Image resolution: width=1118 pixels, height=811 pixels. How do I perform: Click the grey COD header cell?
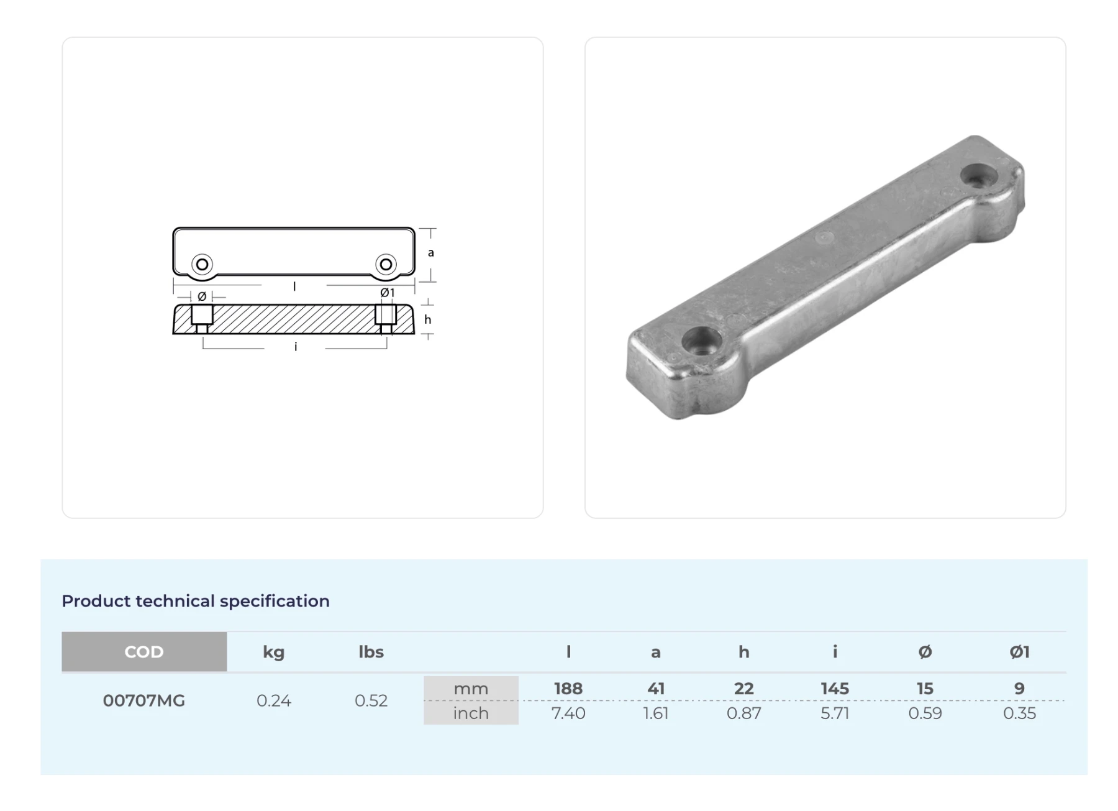pyautogui.click(x=144, y=651)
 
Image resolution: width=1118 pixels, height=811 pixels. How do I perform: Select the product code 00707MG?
pyautogui.click(x=144, y=700)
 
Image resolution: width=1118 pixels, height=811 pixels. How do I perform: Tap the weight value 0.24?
pyautogui.click(x=273, y=700)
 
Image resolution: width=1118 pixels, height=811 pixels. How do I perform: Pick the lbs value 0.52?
pyautogui.click(x=371, y=700)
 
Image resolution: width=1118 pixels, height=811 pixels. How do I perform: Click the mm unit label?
pyautogui.click(x=471, y=689)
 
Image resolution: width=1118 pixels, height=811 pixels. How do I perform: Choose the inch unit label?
pyautogui.click(x=471, y=713)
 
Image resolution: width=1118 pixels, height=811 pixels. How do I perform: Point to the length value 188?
pyautogui.click(x=568, y=689)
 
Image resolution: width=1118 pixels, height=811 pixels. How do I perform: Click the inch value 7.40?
pyautogui.click(x=568, y=713)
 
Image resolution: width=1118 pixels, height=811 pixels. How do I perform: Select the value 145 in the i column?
pyautogui.click(x=835, y=689)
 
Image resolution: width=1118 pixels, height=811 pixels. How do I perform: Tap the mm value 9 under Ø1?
pyautogui.click(x=1019, y=689)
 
